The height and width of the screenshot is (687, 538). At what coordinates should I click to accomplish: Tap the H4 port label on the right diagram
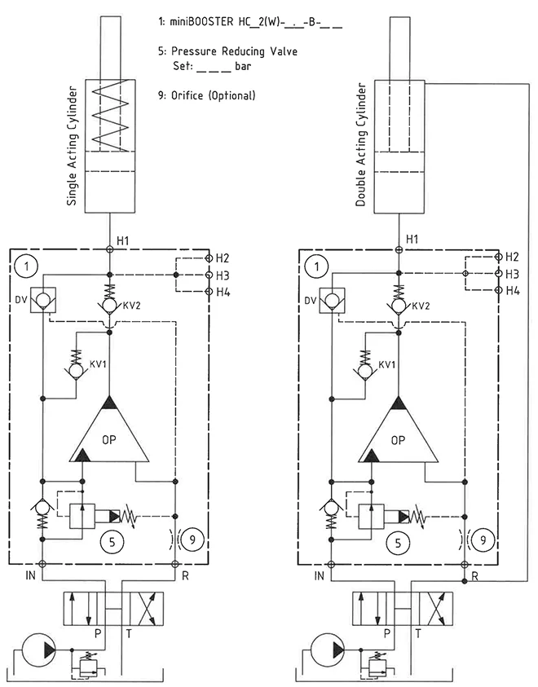click(x=513, y=291)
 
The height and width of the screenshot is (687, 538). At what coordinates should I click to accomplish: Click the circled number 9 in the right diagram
click(x=483, y=539)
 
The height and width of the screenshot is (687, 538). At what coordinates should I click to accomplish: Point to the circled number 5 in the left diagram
click(x=110, y=539)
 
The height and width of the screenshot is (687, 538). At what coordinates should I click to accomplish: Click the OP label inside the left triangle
click(x=109, y=441)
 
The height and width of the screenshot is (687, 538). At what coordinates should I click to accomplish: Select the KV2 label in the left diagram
click(x=132, y=306)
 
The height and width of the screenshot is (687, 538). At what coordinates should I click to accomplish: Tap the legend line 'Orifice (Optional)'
click(x=213, y=95)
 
